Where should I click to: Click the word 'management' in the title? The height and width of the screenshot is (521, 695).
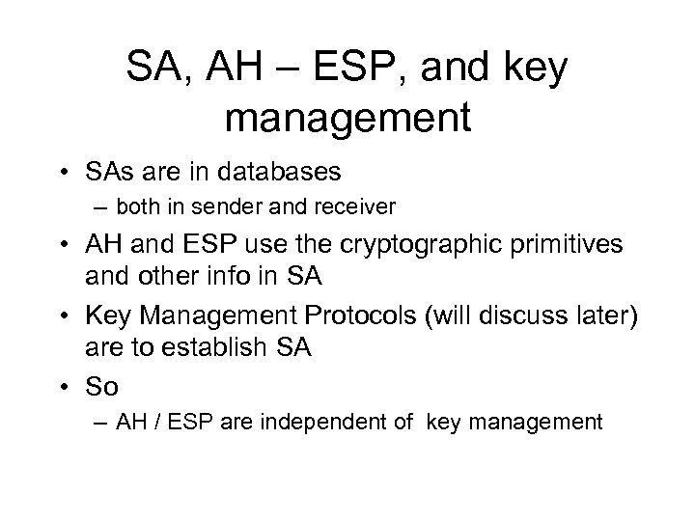pyautogui.click(x=347, y=119)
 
